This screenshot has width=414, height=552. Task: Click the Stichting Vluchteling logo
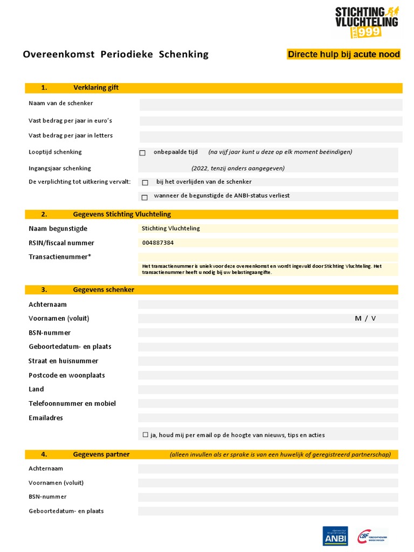[367, 22]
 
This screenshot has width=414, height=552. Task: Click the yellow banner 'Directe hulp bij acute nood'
[343, 54]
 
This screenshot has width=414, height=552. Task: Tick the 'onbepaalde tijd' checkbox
[142, 153]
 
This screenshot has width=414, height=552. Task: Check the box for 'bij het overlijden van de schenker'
[144, 183]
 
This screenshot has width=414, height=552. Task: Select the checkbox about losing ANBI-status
[144, 197]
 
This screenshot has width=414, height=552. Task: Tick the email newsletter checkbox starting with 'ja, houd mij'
[146, 434]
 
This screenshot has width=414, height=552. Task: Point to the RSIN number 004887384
[158, 243]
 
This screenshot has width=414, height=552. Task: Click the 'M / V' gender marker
[365, 319]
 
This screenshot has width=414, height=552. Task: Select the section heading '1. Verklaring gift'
[81, 88]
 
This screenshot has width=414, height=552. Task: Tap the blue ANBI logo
[335, 536]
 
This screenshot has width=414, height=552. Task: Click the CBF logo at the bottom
[372, 536]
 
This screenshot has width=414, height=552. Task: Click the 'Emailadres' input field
[268, 418]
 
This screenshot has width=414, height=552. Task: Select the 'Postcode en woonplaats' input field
[268, 375]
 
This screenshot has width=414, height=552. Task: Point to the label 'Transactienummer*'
[60, 257]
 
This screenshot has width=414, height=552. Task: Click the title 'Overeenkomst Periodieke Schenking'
[115, 54]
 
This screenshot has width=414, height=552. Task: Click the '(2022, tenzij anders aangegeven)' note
[238, 168]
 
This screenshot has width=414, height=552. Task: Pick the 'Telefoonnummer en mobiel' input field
[268, 404]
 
